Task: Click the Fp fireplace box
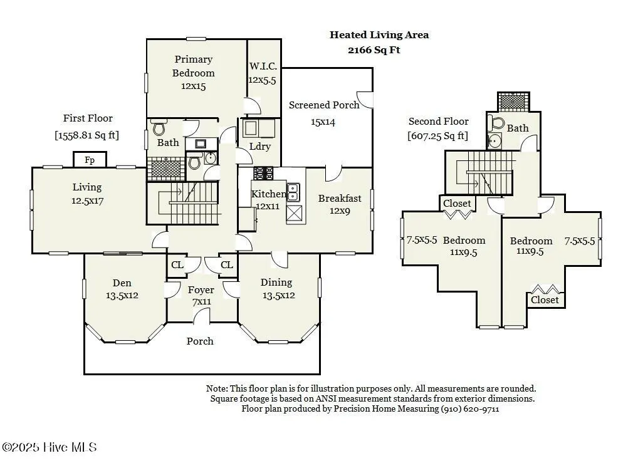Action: click(90, 159)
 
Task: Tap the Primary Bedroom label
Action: click(194, 66)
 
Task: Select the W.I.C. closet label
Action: click(263, 66)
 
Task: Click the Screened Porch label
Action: click(324, 105)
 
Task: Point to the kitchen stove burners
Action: click(263, 174)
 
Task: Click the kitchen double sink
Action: click(293, 192)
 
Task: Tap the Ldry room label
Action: click(260, 147)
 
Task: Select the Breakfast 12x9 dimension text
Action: click(340, 211)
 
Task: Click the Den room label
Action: click(122, 283)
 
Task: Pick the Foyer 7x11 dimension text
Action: click(201, 301)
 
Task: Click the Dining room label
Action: click(276, 283)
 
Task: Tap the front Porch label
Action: click(200, 341)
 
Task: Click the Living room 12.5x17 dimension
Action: click(87, 200)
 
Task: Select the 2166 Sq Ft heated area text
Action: click(374, 50)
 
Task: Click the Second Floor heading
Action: click(439, 122)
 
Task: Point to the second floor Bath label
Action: click(518, 128)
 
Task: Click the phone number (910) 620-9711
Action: click(470, 408)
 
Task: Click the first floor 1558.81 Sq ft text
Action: click(87, 135)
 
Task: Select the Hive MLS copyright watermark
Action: click(50, 447)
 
